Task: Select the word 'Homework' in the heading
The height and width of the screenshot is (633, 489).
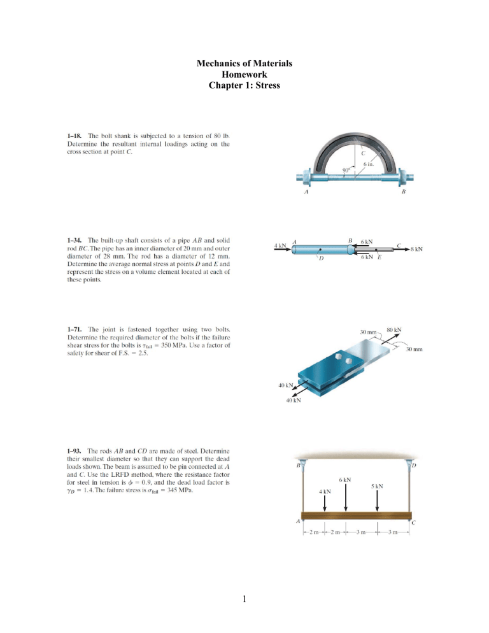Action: (x=244, y=75)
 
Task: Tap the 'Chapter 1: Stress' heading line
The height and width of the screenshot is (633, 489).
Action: (x=244, y=86)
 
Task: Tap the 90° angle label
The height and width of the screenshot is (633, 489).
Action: (x=344, y=171)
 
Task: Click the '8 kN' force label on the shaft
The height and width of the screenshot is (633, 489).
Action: (x=417, y=250)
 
